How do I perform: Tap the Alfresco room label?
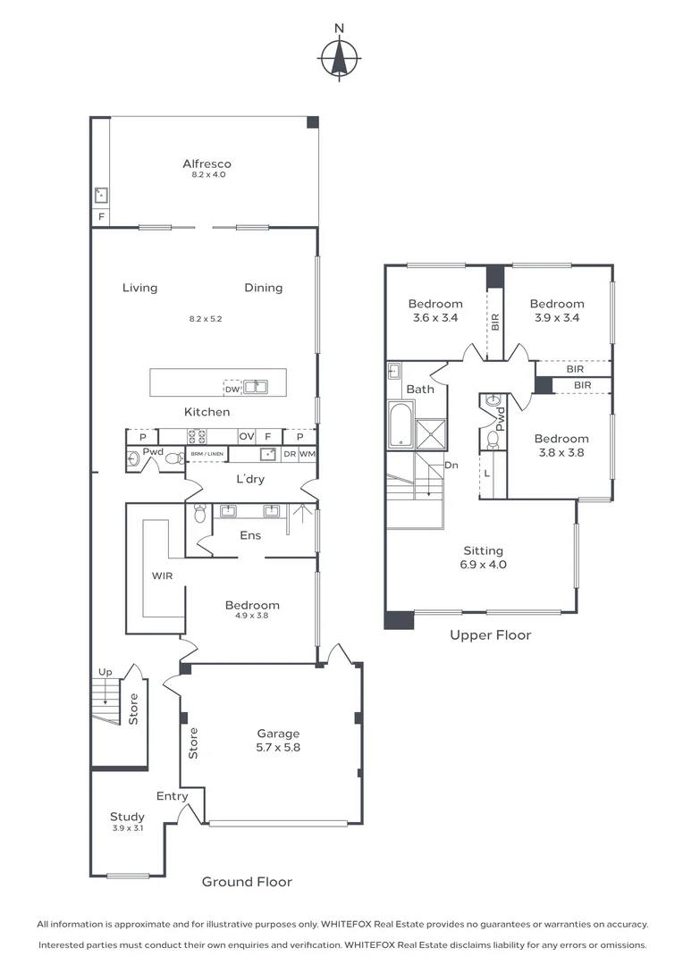pos(207,164)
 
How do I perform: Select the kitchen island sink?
pos(257,387)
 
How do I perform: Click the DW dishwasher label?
pos(232,388)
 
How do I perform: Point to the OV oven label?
pos(246,436)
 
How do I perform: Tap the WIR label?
pos(162,576)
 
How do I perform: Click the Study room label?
pos(127,816)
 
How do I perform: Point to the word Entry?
pos(172,796)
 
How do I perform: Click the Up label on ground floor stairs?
pos(105,671)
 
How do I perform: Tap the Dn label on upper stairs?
pos(451,466)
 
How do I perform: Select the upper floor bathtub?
pos(400,425)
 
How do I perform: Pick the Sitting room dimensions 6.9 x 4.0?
pos(483,565)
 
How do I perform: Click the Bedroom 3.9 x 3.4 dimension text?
pos(556,317)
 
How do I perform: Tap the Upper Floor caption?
pos(491,635)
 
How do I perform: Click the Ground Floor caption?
pos(247,882)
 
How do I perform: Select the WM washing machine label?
pos(307,455)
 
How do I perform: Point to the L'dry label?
pos(250,480)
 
